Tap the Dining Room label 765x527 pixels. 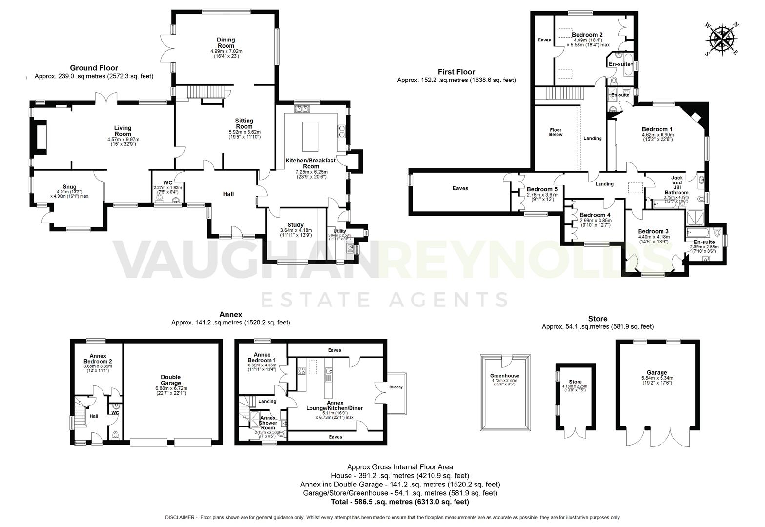click(226, 43)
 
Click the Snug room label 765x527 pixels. click(69, 187)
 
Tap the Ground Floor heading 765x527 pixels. click(94, 68)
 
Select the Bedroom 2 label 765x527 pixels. click(587, 35)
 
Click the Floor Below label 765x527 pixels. click(555, 132)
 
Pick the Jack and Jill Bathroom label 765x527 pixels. click(676, 185)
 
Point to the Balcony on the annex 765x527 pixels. click(395, 387)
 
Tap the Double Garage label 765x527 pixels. click(170, 380)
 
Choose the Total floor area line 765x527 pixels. click(400, 502)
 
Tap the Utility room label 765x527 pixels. click(340, 231)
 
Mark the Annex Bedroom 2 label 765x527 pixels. click(98, 359)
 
